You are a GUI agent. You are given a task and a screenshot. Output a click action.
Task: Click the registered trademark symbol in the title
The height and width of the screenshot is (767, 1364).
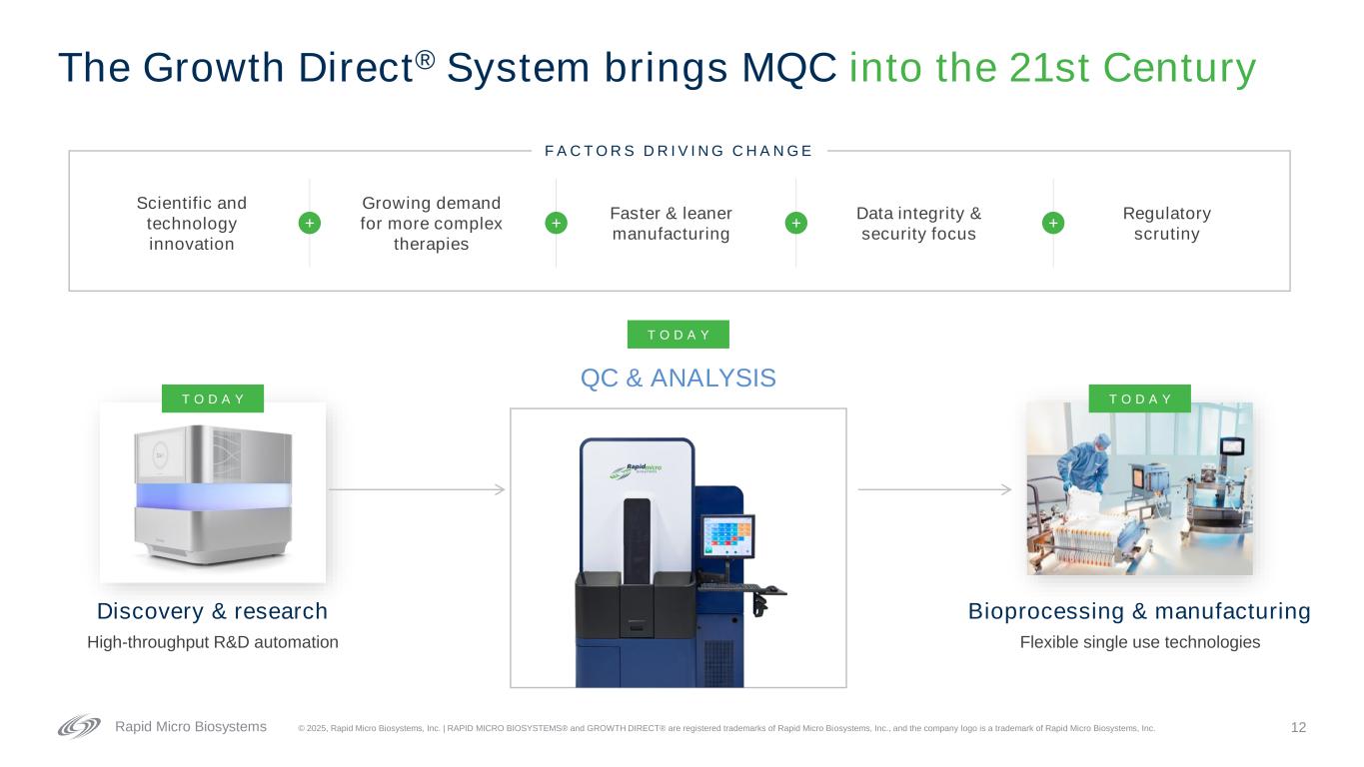tap(426, 60)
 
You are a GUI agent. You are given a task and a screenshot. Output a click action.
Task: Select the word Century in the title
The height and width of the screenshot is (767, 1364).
tap(1179, 68)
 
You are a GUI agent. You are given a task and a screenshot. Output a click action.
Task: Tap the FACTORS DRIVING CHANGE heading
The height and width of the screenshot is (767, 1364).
tap(679, 151)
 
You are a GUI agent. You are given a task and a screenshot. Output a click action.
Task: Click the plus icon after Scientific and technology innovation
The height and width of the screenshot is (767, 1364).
tap(310, 224)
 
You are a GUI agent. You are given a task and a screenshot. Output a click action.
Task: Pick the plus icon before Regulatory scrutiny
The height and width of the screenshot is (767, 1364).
tap(1053, 224)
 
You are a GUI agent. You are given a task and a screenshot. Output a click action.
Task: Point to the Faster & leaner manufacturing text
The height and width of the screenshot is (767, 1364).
tap(672, 224)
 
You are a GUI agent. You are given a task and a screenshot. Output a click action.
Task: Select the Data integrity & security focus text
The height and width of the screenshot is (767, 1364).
tap(919, 224)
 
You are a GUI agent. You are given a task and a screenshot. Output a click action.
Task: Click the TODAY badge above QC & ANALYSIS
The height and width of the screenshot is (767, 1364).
tap(679, 335)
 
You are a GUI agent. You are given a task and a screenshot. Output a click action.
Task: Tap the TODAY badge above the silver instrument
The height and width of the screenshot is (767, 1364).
tap(213, 398)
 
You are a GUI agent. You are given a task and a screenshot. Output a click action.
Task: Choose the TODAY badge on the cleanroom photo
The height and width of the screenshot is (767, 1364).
tap(1140, 398)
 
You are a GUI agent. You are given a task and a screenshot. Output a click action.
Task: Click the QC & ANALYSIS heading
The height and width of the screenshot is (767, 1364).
tap(679, 379)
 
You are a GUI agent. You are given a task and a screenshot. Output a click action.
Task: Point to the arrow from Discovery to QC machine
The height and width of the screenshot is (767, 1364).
tap(417, 489)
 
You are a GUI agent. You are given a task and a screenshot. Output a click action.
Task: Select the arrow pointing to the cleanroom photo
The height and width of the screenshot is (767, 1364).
tap(934, 489)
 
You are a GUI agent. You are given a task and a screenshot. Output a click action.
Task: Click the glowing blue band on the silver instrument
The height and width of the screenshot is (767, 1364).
tap(213, 496)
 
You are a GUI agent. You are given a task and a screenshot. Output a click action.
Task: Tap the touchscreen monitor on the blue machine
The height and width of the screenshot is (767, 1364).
tap(727, 536)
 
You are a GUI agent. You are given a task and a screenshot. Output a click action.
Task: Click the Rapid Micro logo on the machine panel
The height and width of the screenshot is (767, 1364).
tap(636, 471)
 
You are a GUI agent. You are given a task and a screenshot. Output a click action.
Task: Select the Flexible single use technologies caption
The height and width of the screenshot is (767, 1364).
tap(1140, 642)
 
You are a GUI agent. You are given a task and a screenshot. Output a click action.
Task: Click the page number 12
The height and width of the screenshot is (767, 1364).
tap(1298, 727)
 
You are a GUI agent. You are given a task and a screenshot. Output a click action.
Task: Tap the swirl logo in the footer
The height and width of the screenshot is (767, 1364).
tap(79, 726)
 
